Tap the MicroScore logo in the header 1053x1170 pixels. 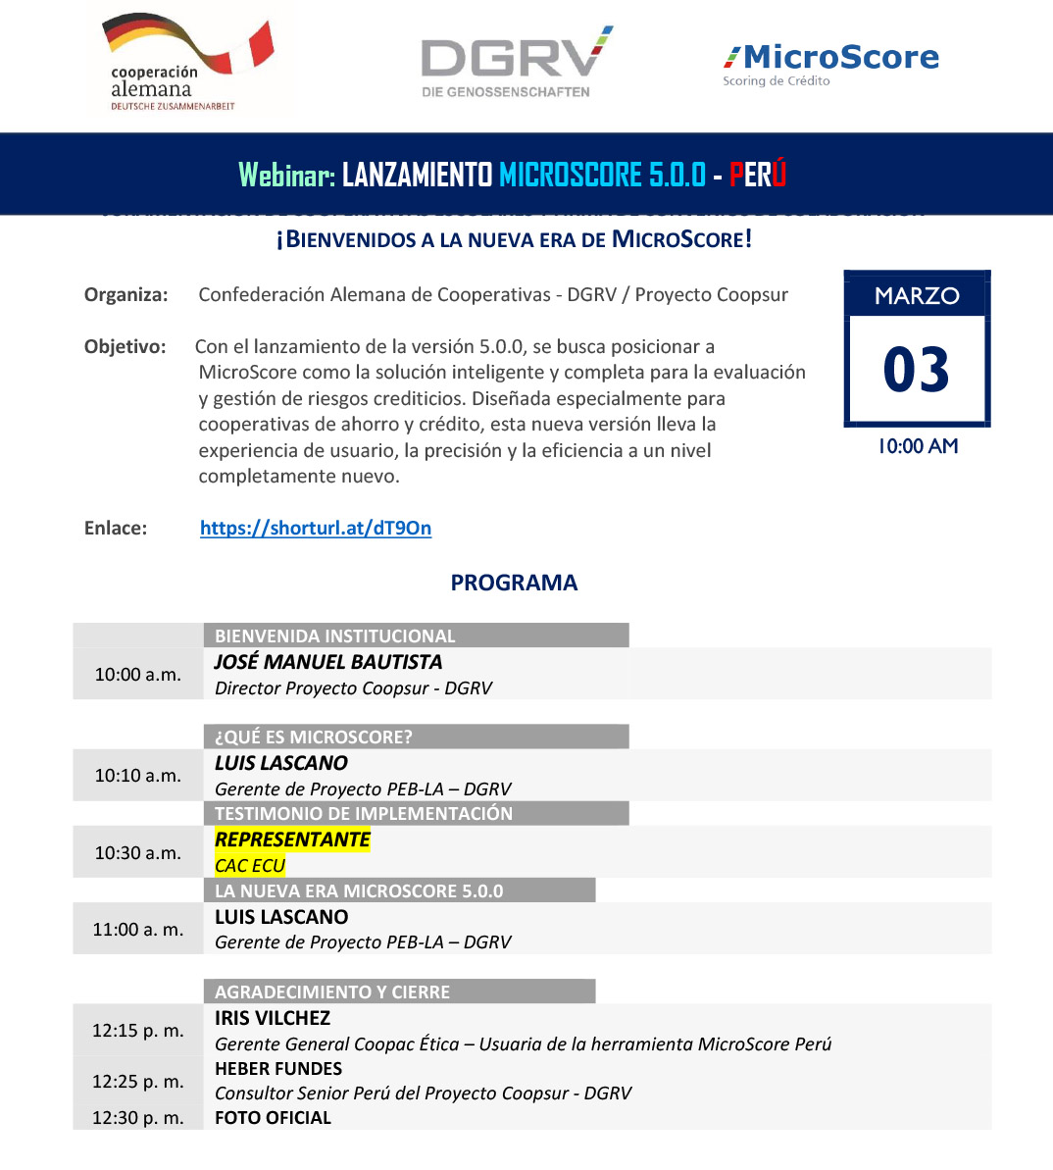[x=830, y=64]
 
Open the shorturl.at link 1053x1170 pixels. [x=316, y=528]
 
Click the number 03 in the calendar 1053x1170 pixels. [x=917, y=371]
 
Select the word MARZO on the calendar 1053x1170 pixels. [x=917, y=295]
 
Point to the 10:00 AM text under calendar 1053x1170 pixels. [x=918, y=446]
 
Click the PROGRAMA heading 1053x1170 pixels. [x=514, y=583]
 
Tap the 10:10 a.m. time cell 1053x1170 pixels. [x=138, y=776]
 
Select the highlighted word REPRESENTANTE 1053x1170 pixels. [x=292, y=839]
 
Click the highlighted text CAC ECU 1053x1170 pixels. [x=250, y=865]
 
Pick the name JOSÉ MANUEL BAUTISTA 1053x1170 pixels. [x=328, y=662]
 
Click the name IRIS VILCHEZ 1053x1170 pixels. [x=273, y=1018]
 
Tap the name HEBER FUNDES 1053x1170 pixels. [x=278, y=1068]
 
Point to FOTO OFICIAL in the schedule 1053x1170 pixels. [x=273, y=1118]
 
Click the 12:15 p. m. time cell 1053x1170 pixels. [x=138, y=1031]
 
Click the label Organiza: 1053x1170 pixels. [x=126, y=295]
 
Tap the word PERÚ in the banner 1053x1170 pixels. [x=758, y=175]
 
